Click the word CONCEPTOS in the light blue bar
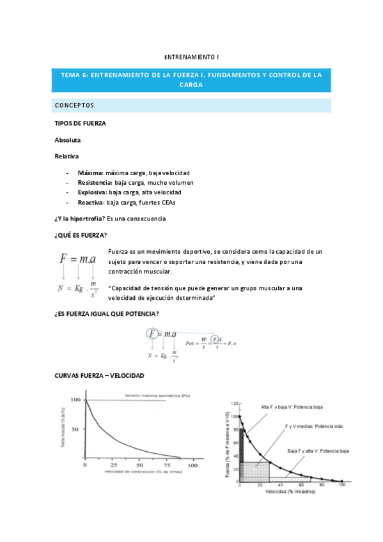click(x=74, y=105)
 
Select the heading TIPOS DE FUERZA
click(x=81, y=123)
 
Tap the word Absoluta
click(x=68, y=139)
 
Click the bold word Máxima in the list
click(x=90, y=173)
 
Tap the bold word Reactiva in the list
click(x=91, y=202)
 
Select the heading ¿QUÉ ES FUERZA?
click(x=81, y=235)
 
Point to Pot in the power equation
click(x=191, y=343)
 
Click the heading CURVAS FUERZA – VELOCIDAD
click(x=99, y=375)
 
